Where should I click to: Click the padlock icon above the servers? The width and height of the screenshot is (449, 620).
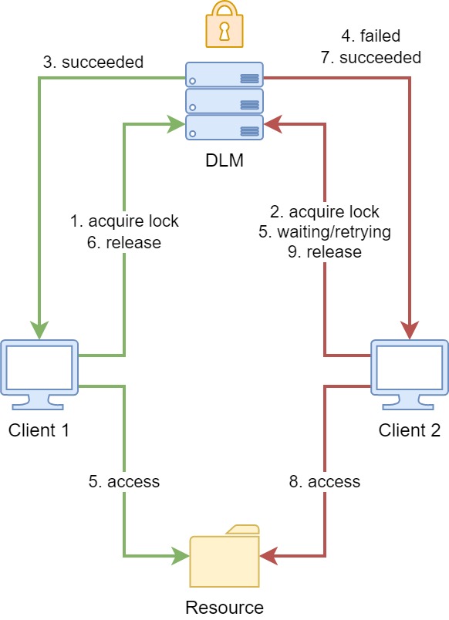(x=224, y=25)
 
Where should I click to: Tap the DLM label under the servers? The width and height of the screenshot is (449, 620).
(x=224, y=160)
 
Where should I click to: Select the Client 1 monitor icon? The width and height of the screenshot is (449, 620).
(x=39, y=375)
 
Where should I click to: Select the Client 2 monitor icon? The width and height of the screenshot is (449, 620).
(x=410, y=375)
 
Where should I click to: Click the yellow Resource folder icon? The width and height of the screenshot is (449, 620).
(x=224, y=556)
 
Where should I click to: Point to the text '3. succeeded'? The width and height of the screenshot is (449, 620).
(x=93, y=62)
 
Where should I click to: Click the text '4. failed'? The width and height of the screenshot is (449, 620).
(x=370, y=36)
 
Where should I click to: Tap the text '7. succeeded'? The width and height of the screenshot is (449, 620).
(x=370, y=57)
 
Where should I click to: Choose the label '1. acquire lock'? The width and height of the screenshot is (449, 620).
(x=124, y=221)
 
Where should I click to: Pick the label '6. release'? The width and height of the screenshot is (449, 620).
(x=124, y=242)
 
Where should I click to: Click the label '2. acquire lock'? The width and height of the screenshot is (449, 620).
(x=324, y=212)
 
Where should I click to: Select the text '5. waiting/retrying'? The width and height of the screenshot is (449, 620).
(x=324, y=232)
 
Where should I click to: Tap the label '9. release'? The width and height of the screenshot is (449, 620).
(x=324, y=252)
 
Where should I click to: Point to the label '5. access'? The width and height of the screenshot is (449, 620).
(x=124, y=482)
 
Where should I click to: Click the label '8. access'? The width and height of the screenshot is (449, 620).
(x=324, y=482)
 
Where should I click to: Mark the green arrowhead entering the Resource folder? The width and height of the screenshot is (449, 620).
(x=181, y=556)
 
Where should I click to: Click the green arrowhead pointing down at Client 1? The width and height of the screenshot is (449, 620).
(x=39, y=330)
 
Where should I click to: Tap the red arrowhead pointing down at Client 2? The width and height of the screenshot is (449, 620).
(x=410, y=330)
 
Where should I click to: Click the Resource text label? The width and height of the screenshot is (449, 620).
(x=224, y=608)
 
